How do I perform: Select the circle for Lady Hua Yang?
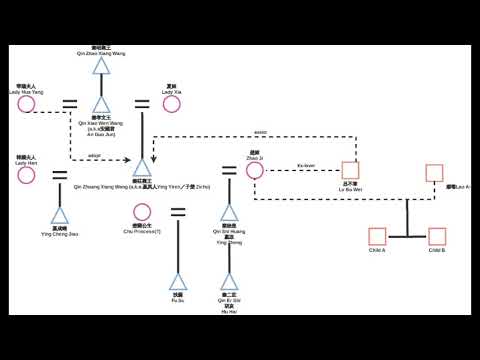click(x=26, y=104)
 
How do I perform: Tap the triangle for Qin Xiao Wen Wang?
click(x=101, y=105)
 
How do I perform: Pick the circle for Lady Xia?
click(x=170, y=104)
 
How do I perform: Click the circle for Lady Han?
click(x=26, y=175)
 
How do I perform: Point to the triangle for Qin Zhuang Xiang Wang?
click(x=142, y=169)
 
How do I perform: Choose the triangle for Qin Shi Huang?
click(x=230, y=213)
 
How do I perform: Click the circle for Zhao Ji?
click(x=254, y=170)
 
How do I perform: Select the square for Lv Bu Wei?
click(x=350, y=170)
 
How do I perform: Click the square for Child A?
click(x=377, y=237)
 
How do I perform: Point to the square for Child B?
click(x=436, y=237)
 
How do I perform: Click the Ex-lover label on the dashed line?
click(x=307, y=165)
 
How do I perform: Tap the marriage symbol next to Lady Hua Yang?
click(x=70, y=103)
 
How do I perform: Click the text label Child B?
click(x=436, y=250)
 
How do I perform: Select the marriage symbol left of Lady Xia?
click(x=142, y=103)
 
